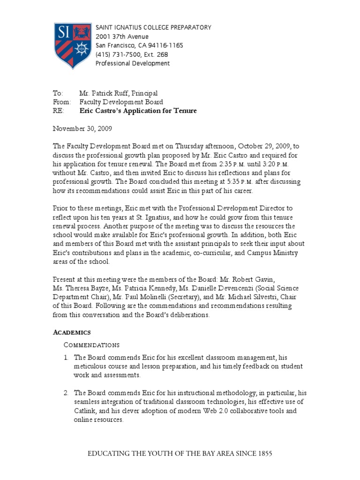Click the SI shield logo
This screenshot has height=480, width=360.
(x=72, y=46)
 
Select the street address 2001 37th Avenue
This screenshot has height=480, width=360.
(x=122, y=37)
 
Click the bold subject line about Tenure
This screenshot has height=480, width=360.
(x=138, y=111)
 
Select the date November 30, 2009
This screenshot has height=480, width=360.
(x=82, y=128)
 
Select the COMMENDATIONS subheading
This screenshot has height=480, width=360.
(x=91, y=345)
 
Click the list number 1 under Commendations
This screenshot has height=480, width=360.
(x=66, y=358)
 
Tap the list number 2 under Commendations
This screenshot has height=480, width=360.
(x=66, y=393)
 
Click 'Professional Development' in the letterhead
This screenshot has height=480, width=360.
(x=133, y=63)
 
